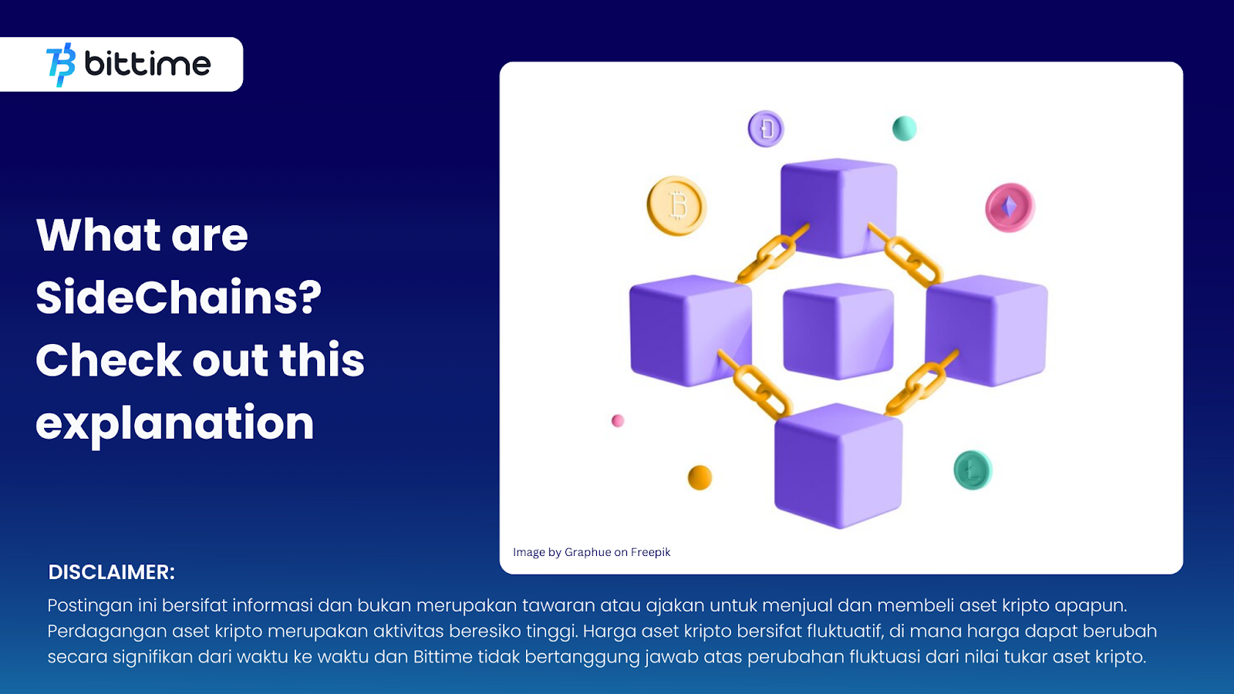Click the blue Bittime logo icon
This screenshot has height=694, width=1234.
(x=61, y=65)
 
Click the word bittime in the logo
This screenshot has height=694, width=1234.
(x=147, y=64)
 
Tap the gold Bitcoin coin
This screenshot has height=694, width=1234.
(x=676, y=206)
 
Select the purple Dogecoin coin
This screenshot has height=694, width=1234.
(x=766, y=129)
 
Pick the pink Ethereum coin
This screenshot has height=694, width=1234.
(x=1010, y=207)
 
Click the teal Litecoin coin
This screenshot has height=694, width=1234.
(x=973, y=470)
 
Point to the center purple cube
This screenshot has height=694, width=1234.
(x=838, y=332)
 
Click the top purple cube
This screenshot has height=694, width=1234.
(x=838, y=207)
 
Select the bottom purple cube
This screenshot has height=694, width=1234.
(x=838, y=466)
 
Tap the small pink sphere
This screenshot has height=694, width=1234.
(x=618, y=421)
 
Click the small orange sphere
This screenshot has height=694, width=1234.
(x=700, y=477)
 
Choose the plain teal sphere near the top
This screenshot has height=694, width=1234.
(x=904, y=128)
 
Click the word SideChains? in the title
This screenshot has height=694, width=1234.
(x=178, y=298)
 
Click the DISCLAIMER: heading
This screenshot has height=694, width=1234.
(x=112, y=572)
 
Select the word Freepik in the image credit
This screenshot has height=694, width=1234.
(x=651, y=552)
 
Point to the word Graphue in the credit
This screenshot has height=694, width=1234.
(x=588, y=552)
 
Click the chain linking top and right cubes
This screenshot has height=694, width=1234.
(x=906, y=255)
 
